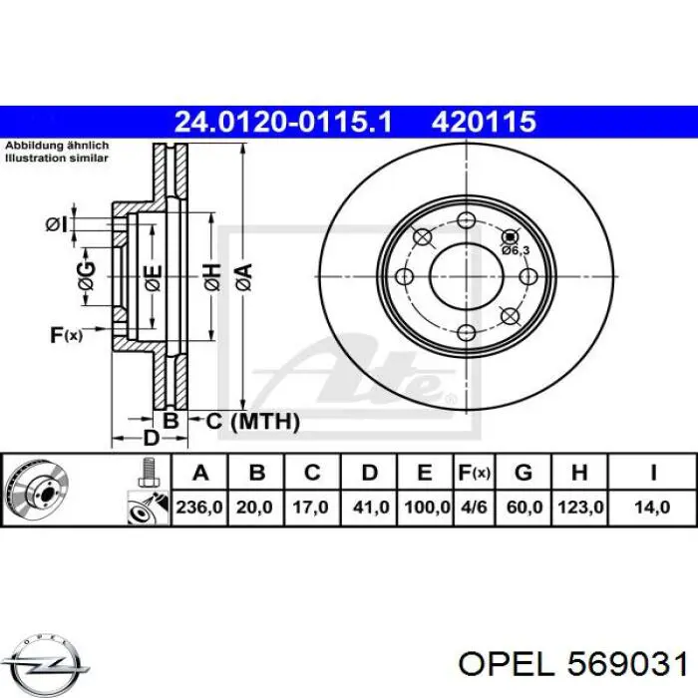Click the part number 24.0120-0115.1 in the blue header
pos(284,122)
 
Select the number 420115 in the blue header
pos(484,122)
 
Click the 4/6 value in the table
pos(473,507)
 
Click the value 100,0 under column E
pos(426,507)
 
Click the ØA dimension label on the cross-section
pos(242,272)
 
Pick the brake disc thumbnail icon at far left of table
pos(35,491)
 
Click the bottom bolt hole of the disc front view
pos(466,331)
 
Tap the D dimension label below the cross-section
pos(151,438)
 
